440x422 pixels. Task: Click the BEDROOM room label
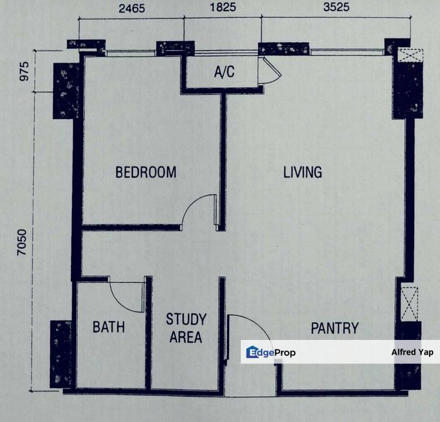(x=146, y=172)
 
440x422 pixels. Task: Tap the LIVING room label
(x=302, y=172)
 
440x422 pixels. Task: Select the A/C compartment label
(x=224, y=72)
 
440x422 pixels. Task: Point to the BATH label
(x=108, y=327)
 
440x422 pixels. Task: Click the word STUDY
(x=186, y=319)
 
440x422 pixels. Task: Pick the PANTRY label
(x=335, y=328)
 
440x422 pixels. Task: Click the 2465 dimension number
(x=132, y=8)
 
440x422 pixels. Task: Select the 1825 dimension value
(x=223, y=7)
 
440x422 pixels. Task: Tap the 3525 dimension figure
(x=336, y=7)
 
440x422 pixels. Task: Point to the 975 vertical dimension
(x=24, y=72)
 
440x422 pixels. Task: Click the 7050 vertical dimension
(x=22, y=243)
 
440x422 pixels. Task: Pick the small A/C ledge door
(x=270, y=71)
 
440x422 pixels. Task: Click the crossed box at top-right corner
(x=411, y=55)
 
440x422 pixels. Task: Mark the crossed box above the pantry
(x=410, y=304)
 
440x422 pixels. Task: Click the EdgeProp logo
(x=271, y=352)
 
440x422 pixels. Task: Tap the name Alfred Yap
(x=412, y=352)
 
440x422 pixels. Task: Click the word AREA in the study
(x=186, y=337)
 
